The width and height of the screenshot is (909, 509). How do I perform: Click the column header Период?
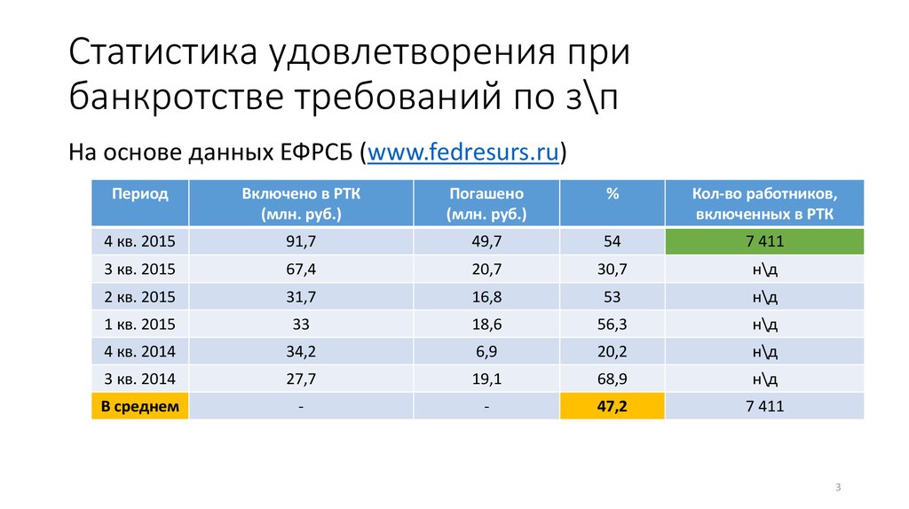tap(139, 193)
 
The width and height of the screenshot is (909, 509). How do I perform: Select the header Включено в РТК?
tap(301, 203)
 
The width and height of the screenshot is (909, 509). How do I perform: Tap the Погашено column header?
tap(486, 203)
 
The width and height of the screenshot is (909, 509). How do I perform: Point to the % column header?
tap(613, 193)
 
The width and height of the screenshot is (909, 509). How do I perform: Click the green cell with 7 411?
tap(764, 242)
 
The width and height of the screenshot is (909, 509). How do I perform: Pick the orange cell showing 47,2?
tap(613, 407)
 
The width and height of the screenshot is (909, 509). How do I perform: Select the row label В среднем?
tap(139, 407)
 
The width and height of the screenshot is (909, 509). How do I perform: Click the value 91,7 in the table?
tap(301, 242)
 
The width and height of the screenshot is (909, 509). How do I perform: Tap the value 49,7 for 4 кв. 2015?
tap(486, 242)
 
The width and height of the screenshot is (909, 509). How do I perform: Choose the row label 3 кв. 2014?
tap(139, 380)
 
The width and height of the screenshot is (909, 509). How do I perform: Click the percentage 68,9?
tap(613, 380)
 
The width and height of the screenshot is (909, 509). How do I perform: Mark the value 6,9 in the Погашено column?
tap(486, 352)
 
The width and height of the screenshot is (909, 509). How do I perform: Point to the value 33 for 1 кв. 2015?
tap(301, 325)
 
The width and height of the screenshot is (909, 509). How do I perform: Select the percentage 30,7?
tap(613, 270)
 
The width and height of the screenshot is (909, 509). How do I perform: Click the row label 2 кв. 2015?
tap(139, 297)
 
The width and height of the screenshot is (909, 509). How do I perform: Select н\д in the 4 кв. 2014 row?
tap(764, 352)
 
